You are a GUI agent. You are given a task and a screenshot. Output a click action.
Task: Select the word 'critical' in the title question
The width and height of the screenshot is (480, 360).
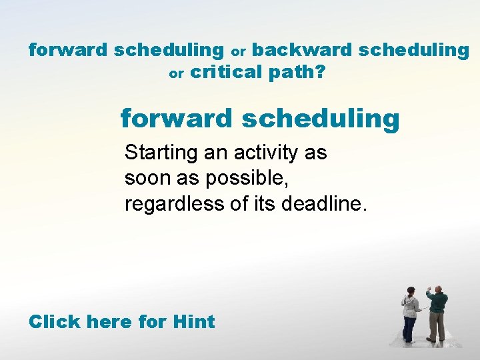tap(227, 72)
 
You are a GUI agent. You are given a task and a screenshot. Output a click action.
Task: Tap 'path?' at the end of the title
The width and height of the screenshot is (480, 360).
tap(297, 73)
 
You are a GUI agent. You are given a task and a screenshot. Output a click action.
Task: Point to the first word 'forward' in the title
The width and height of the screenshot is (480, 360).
tap(68, 50)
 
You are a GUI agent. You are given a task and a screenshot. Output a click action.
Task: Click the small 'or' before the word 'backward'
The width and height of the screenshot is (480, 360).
tap(238, 51)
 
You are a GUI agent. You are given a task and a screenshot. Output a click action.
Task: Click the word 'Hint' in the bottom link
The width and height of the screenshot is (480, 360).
tap(193, 321)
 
